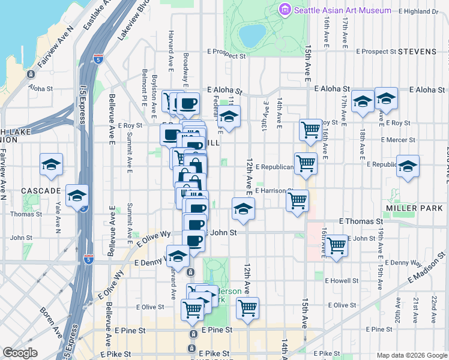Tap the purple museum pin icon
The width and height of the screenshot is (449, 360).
(285, 10)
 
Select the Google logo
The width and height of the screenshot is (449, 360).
(20, 353)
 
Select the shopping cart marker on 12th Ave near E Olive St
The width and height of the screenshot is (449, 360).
(247, 308)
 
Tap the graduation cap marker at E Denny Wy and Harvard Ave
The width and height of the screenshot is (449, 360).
(178, 257)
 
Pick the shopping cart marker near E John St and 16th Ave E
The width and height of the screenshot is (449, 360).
(337, 245)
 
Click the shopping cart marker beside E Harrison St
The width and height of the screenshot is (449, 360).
(297, 201)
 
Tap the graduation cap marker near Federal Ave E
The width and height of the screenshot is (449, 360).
(229, 117)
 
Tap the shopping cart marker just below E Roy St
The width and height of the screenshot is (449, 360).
(310, 129)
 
